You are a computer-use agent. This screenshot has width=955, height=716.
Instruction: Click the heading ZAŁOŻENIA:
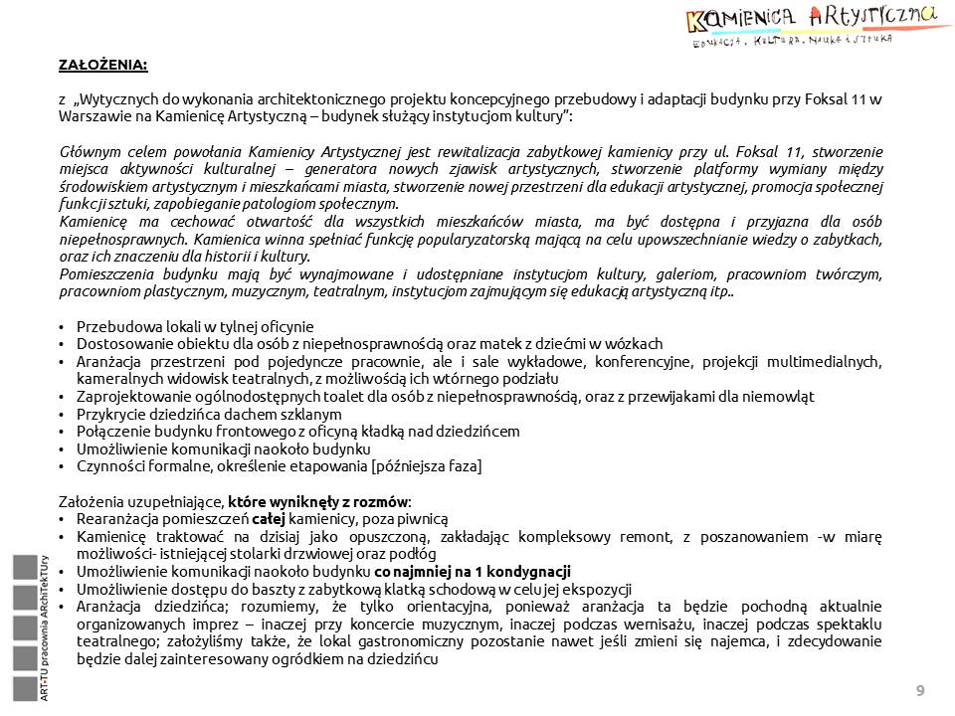(102, 66)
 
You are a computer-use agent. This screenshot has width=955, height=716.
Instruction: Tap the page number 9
(919, 690)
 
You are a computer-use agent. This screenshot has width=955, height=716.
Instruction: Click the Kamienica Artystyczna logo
(810, 26)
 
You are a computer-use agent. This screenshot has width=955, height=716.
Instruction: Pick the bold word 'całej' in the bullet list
(269, 518)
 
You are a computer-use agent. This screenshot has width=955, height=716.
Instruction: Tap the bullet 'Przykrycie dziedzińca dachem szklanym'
(209, 414)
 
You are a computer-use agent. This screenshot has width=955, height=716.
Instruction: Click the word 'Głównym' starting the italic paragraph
(89, 152)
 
